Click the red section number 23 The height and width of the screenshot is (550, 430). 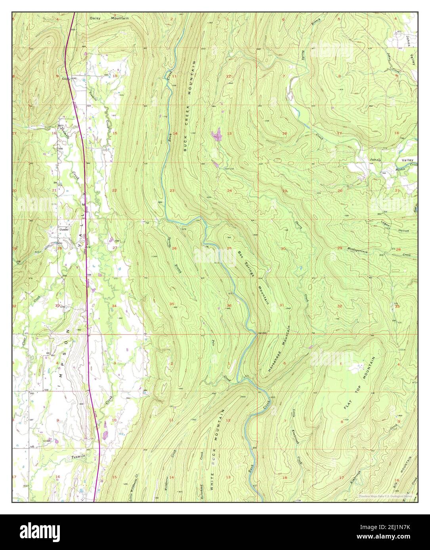[172, 191]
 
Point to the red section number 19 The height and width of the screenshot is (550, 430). [285, 191]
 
